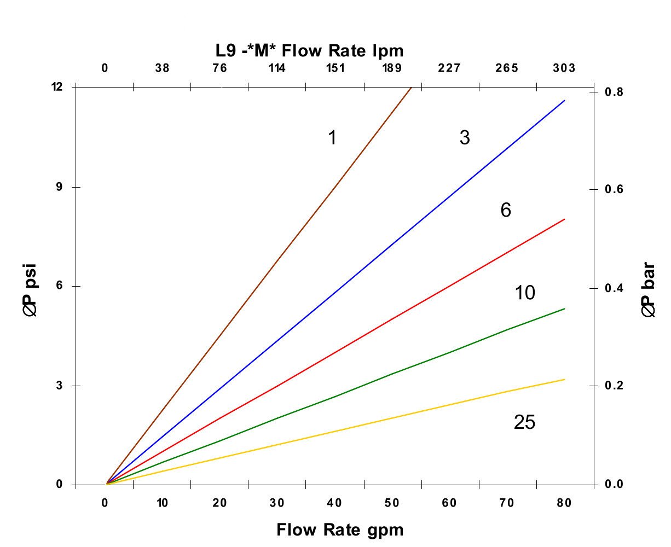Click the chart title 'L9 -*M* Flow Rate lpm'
click(309, 51)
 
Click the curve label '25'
click(524, 423)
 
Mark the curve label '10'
click(525, 293)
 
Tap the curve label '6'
click(506, 210)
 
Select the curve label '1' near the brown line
click(332, 138)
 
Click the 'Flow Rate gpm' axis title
click(340, 530)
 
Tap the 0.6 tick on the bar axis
click(613, 189)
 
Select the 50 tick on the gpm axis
click(392, 503)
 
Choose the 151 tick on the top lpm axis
click(335, 68)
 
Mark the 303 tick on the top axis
click(564, 68)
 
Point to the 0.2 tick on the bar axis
click(613, 386)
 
